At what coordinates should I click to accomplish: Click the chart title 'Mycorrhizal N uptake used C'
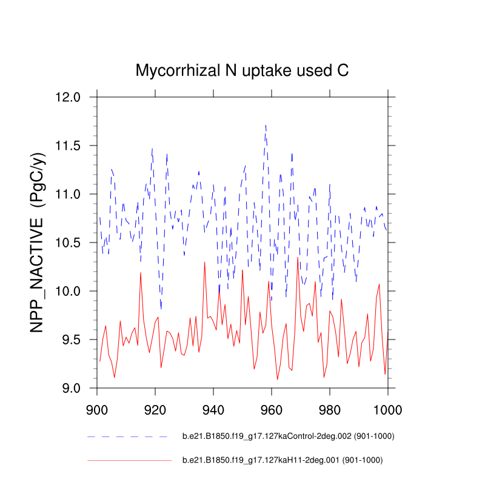pos(242,71)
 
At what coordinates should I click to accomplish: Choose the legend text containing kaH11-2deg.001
pos(283,460)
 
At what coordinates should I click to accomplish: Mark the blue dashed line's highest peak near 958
pos(266,125)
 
